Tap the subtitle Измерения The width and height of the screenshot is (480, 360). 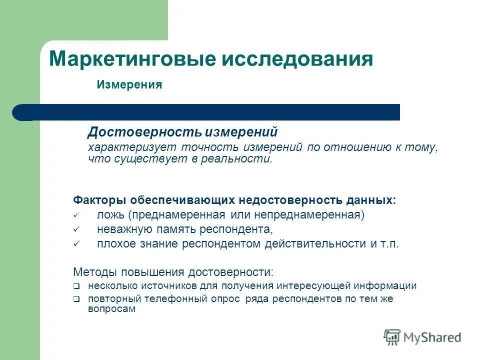click(x=129, y=85)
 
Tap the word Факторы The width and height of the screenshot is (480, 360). click(x=100, y=200)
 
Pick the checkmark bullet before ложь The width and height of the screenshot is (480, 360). click(x=76, y=215)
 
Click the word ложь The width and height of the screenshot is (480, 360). click(x=110, y=215)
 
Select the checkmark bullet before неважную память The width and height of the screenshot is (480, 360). click(x=76, y=230)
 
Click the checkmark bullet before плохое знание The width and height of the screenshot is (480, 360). click(x=76, y=244)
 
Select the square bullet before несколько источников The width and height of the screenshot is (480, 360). click(x=76, y=287)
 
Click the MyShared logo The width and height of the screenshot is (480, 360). click(x=422, y=337)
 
